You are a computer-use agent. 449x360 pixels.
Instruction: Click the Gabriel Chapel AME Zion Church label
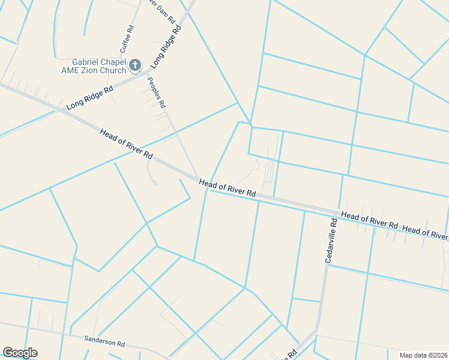point(99,65)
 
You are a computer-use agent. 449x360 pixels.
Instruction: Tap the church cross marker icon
point(136,65)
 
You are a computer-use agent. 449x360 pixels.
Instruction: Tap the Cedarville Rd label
point(331,240)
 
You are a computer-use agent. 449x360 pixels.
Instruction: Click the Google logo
point(20,353)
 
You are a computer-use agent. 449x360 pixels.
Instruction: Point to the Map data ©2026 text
point(423,355)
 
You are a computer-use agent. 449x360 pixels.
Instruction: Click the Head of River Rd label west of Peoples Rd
point(127,144)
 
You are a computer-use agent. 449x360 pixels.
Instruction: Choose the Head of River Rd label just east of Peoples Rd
point(228,188)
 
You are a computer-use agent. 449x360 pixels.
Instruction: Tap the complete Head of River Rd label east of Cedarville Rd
point(369,220)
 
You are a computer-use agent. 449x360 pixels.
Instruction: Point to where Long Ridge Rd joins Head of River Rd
point(61,110)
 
